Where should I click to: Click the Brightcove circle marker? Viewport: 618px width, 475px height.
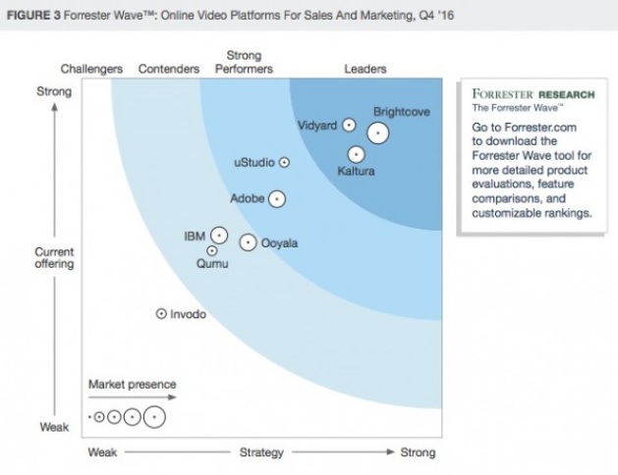377,133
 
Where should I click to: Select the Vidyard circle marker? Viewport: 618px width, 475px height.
348,126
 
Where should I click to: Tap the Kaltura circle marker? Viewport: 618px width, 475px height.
356,154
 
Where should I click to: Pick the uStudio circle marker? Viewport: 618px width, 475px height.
285,162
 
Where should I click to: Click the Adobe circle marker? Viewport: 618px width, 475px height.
277,198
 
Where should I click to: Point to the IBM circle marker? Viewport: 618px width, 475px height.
219,236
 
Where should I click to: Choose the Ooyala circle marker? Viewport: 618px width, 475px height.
249,241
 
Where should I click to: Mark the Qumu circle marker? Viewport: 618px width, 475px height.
212,251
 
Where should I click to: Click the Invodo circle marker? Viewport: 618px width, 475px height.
161,314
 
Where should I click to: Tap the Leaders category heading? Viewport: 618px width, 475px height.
365,70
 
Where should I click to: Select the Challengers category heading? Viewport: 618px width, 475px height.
91,70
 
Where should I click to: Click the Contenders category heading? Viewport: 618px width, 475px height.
170,70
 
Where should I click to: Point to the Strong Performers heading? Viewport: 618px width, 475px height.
244,63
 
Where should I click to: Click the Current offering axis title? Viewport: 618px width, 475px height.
54,258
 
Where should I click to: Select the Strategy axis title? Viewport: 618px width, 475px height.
261,452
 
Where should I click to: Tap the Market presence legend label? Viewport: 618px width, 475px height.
132,385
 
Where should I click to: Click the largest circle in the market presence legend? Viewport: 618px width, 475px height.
154,417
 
